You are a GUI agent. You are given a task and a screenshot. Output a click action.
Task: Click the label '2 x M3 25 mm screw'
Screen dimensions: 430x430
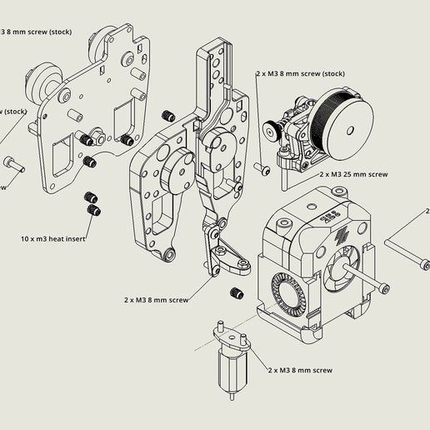(x=353, y=175)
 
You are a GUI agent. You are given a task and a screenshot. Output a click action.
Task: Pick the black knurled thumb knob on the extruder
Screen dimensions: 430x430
(x=272, y=127)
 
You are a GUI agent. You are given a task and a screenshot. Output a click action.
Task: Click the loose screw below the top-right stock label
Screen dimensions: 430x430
(x=264, y=168)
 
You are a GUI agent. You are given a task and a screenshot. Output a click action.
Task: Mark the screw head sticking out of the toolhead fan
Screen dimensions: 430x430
(x=382, y=288)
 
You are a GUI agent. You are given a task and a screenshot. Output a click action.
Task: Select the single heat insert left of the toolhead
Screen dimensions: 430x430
(x=235, y=292)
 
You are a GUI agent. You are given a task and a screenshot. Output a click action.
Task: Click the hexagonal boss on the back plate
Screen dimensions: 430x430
(x=94, y=133)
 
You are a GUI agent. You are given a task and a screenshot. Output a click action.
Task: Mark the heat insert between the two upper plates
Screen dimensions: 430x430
(x=169, y=115)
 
